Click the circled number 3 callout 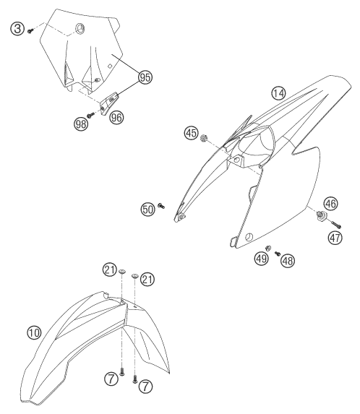[17, 28]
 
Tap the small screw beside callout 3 [30, 31]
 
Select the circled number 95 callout [145, 77]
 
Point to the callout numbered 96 [116, 117]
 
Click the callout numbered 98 [81, 124]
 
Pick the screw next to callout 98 [91, 115]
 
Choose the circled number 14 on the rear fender [278, 93]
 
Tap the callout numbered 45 [192, 133]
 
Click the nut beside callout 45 [203, 138]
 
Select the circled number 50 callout [147, 210]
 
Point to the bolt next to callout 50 [161, 205]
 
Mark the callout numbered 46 [330, 204]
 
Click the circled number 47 [335, 238]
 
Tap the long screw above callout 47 [335, 225]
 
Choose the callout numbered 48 [288, 261]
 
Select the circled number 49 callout [262, 258]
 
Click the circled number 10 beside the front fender [34, 332]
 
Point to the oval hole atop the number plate [80, 28]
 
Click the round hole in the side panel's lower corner [248, 237]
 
